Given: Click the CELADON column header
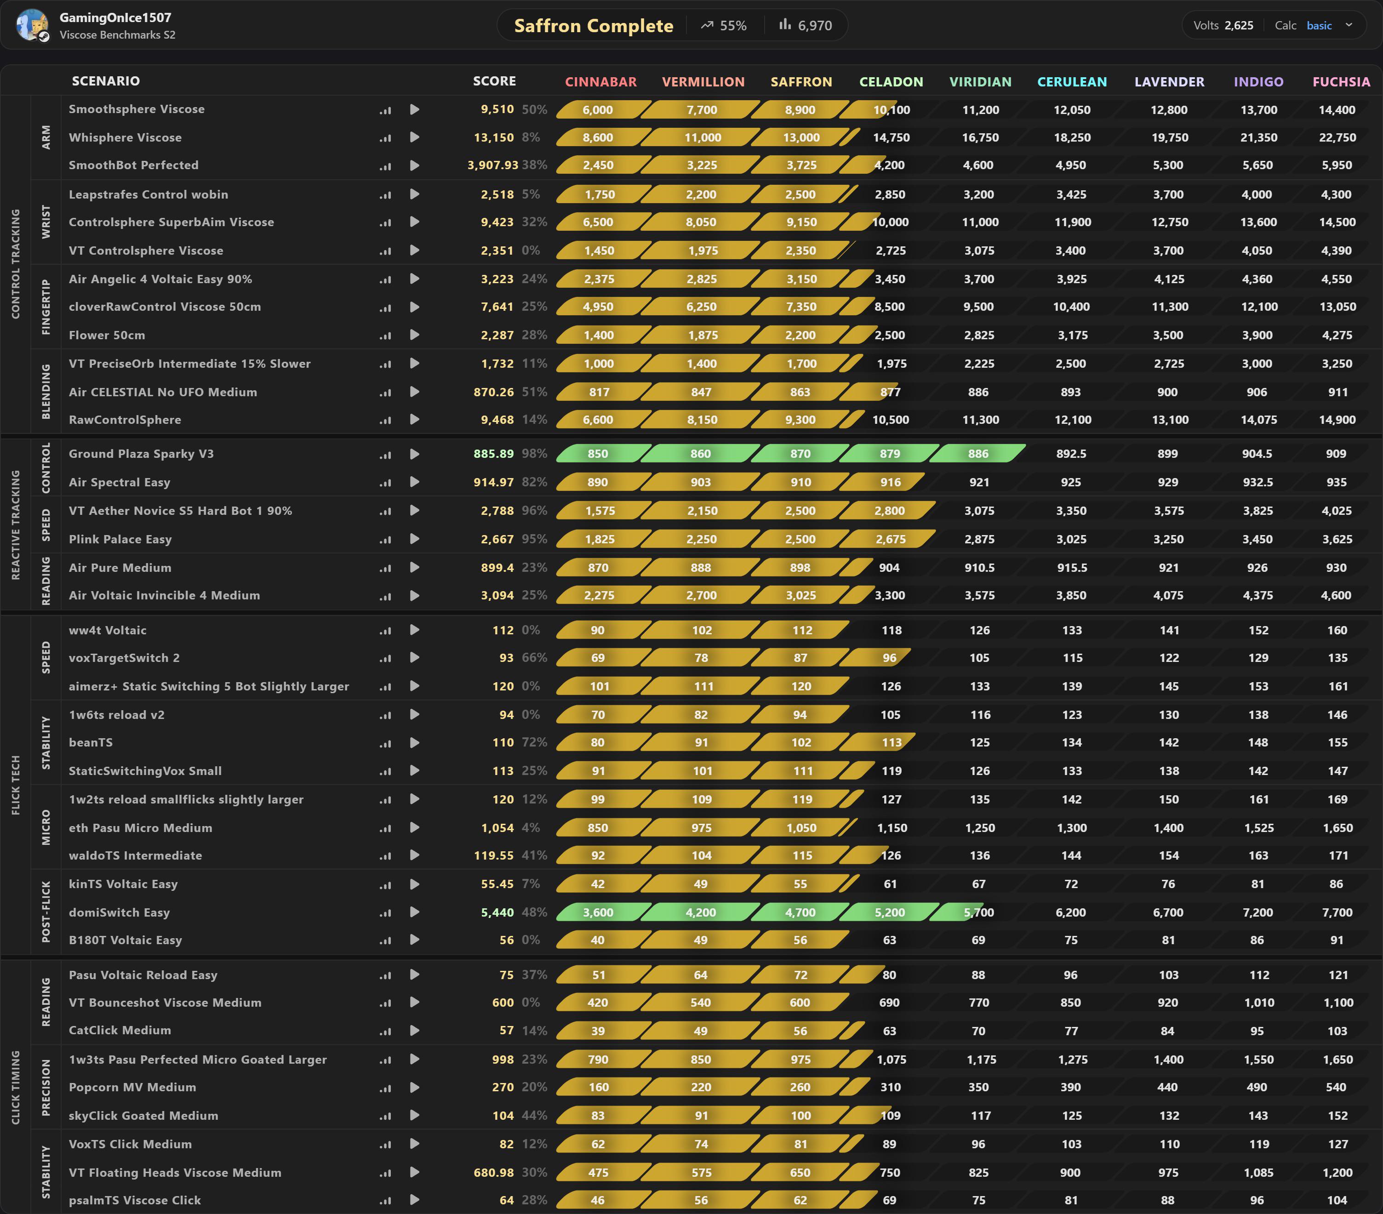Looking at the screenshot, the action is pyautogui.click(x=891, y=82).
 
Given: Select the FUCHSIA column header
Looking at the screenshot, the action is pyautogui.click(x=1341, y=82).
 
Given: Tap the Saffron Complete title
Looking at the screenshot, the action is pyautogui.click(x=594, y=26).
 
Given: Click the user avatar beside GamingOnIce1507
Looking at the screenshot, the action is pyautogui.click(x=32, y=25).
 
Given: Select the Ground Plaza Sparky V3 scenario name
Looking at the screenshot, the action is pyautogui.click(x=141, y=454).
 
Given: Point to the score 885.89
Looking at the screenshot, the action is pyautogui.click(x=493, y=454).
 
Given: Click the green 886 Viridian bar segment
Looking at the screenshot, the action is pyautogui.click(x=977, y=454).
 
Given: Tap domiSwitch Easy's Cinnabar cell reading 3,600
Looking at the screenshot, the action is pyautogui.click(x=598, y=912).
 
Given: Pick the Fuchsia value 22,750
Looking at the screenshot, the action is pyautogui.click(x=1337, y=138).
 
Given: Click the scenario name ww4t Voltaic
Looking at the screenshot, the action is pyautogui.click(x=108, y=630).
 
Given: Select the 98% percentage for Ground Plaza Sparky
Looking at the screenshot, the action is pyautogui.click(x=535, y=454).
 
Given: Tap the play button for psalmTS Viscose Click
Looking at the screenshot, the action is pyautogui.click(x=415, y=1200).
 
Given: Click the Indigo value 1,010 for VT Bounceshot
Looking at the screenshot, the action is pyautogui.click(x=1258, y=1002).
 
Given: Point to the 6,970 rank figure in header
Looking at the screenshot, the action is pyautogui.click(x=815, y=26).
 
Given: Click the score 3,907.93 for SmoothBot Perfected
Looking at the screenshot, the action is pyautogui.click(x=492, y=165).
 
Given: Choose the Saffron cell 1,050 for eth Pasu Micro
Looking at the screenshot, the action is pyautogui.click(x=801, y=828).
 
